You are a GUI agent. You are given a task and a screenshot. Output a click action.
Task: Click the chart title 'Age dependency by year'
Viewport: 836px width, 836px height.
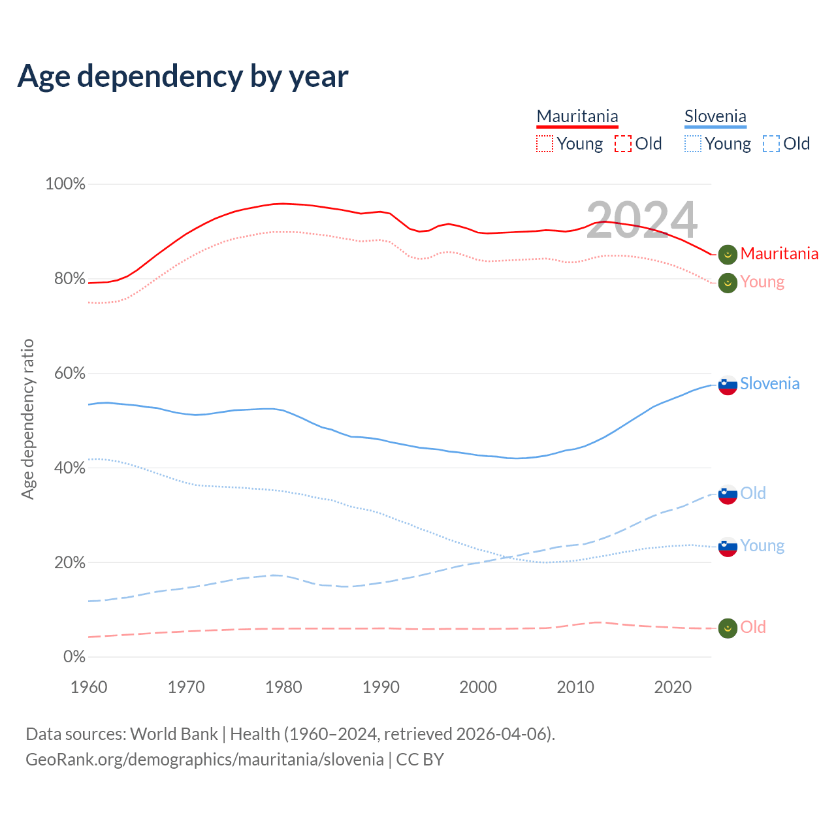183,76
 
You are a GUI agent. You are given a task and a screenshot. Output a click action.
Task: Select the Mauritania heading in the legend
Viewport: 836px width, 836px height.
577,117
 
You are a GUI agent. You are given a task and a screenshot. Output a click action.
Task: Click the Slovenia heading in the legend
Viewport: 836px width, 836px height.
715,117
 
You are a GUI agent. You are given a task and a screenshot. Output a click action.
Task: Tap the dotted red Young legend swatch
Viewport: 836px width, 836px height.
545,144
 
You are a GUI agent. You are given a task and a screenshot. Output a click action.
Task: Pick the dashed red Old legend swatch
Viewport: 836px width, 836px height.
623,144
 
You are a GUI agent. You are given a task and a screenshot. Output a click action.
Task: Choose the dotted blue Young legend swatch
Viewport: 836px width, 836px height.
693,144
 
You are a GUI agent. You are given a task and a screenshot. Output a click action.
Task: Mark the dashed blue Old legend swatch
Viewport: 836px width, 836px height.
771,144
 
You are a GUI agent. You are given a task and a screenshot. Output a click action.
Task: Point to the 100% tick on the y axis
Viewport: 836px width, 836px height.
65,184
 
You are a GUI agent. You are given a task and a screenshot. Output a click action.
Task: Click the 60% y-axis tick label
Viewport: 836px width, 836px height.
69,373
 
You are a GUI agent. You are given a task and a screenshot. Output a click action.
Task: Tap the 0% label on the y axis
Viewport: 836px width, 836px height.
74,657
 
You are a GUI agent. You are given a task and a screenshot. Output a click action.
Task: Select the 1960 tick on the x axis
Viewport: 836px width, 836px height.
89,687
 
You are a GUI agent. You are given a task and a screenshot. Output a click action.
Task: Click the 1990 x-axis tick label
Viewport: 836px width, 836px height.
381,687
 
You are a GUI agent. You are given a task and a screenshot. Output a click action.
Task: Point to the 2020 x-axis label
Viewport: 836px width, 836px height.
673,687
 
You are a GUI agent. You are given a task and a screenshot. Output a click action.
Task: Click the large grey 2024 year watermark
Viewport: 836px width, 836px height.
642,220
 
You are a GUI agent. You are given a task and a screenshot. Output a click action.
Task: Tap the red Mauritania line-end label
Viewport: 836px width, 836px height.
779,253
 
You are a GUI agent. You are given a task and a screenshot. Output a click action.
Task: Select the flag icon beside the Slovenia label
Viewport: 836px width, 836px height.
728,385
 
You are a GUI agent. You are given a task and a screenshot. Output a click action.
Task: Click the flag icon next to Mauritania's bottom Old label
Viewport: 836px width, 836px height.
728,628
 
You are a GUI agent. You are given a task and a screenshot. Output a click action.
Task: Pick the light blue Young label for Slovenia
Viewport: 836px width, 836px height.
762,546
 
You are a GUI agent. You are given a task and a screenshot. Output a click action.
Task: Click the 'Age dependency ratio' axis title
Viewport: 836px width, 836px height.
28,419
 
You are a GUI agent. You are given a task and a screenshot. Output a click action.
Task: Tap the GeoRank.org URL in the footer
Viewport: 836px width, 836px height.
205,760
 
